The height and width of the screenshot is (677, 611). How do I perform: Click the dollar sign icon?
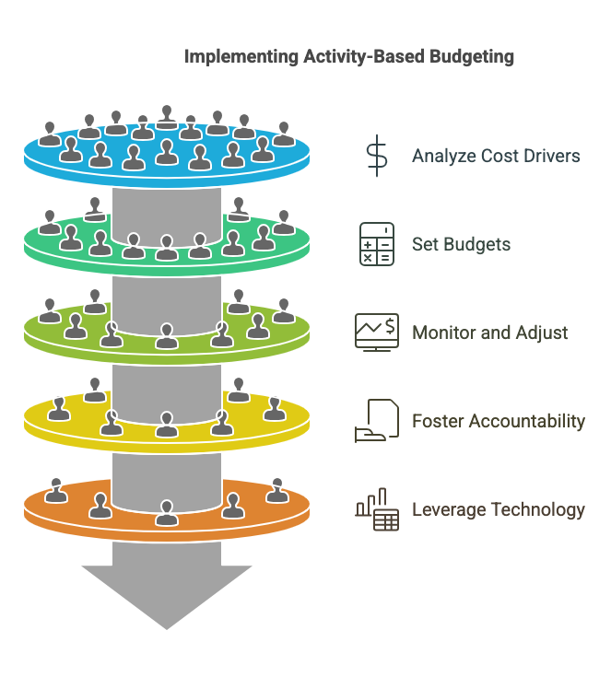pos(377,156)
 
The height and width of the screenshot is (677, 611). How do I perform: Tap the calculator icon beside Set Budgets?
pos(377,244)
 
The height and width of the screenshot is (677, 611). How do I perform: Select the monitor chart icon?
pos(377,332)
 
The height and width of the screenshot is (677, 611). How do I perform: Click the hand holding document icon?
pos(376,421)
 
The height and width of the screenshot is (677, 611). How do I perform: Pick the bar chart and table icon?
pos(377,509)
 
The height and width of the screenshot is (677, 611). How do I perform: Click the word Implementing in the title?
pos(241,56)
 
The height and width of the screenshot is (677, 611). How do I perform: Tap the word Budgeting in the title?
pos(472,56)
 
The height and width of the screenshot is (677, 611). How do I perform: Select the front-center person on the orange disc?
pos(167,512)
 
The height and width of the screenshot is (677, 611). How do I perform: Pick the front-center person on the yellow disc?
pos(167,425)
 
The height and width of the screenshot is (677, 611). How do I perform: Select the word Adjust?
pos(543,333)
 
